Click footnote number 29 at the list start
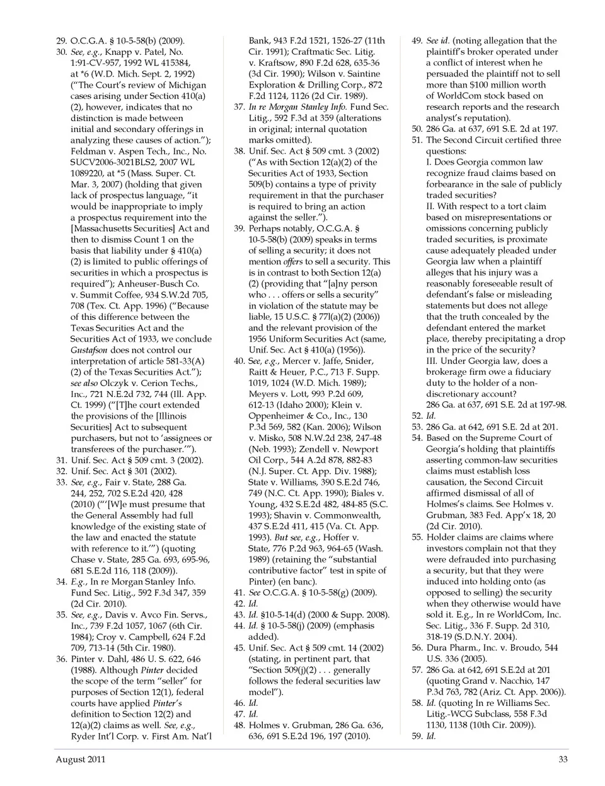61,41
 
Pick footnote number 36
61,659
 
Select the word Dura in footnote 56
437,648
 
